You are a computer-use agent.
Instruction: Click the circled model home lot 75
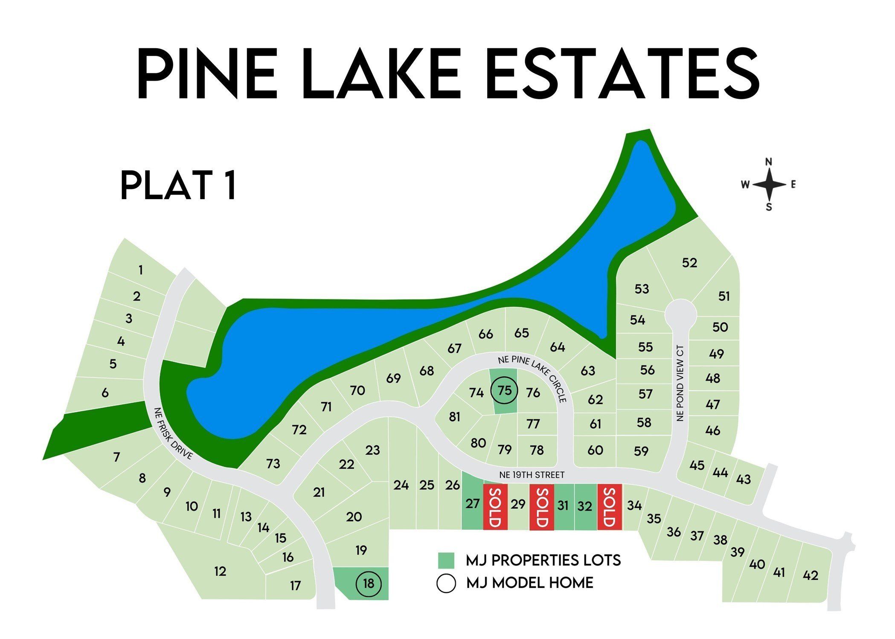click(x=504, y=390)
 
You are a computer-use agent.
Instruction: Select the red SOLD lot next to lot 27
click(x=495, y=506)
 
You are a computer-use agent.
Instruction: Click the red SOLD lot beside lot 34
click(x=610, y=506)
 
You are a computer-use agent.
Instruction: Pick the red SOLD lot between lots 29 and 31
click(x=541, y=506)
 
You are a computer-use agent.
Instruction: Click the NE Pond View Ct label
click(x=680, y=383)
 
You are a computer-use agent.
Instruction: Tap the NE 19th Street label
click(x=532, y=475)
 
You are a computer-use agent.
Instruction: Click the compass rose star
click(x=769, y=185)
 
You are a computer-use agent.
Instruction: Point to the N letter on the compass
click(x=769, y=162)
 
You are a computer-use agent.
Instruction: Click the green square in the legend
click(x=446, y=561)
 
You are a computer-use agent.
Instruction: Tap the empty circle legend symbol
click(x=446, y=583)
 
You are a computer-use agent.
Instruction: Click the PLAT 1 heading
click(x=178, y=185)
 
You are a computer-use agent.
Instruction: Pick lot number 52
click(x=689, y=263)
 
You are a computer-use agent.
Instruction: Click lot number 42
click(x=810, y=575)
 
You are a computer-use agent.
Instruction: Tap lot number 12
click(x=220, y=571)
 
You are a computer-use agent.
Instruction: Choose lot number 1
click(x=140, y=270)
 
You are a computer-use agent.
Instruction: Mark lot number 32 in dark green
click(x=585, y=506)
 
